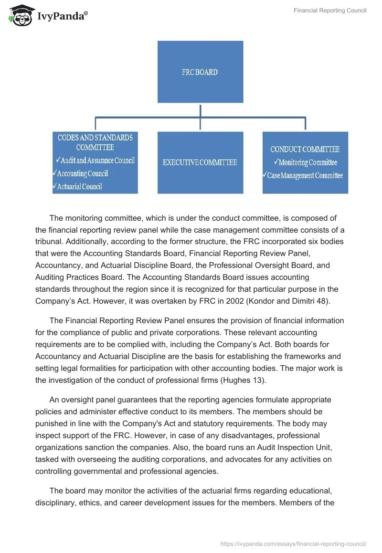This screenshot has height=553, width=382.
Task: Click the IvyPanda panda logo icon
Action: coord(18,15)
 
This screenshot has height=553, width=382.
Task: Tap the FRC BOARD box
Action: coord(200,72)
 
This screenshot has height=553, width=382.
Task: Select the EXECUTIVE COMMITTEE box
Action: coord(200,163)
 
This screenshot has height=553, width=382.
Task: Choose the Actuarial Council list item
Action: coord(79,186)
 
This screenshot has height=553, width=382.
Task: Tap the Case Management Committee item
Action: coord(305,175)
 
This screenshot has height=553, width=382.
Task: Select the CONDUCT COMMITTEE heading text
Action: coord(305,150)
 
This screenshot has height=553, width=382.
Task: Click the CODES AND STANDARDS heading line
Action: coord(95,137)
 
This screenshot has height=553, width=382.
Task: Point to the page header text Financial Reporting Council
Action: coord(330,10)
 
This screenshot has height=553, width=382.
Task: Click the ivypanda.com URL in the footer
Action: coord(293,543)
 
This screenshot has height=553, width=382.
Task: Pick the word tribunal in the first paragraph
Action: coord(51,242)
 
